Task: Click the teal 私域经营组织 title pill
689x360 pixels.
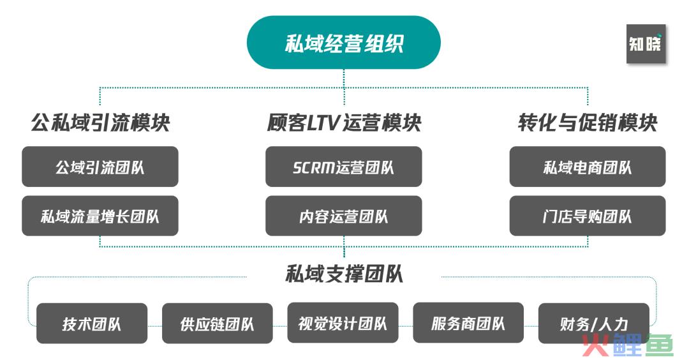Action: coord(344,43)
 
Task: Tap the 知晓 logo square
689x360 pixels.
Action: coord(646,43)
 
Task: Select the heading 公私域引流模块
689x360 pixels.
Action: coord(101,123)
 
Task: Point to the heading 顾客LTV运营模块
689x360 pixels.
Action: coord(344,123)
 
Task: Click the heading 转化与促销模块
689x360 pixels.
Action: coord(588,123)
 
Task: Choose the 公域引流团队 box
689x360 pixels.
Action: coord(100,167)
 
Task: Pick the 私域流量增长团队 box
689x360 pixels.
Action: coord(100,216)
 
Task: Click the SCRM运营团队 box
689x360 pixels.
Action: coord(344,167)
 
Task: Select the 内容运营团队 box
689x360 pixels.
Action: coord(344,216)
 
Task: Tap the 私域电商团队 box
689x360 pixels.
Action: coord(588,167)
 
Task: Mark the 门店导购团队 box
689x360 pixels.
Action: coord(588,216)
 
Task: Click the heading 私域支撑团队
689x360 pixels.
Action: coord(344,273)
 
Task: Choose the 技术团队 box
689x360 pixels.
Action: coord(92,324)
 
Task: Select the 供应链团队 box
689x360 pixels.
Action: coord(217,324)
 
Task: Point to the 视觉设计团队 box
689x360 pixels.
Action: coord(343,323)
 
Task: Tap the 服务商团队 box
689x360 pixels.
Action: coord(468,323)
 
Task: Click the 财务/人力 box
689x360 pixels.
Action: coord(594,324)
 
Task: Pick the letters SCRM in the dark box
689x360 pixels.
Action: coord(314,167)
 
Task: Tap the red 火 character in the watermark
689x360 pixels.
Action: coord(596,345)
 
